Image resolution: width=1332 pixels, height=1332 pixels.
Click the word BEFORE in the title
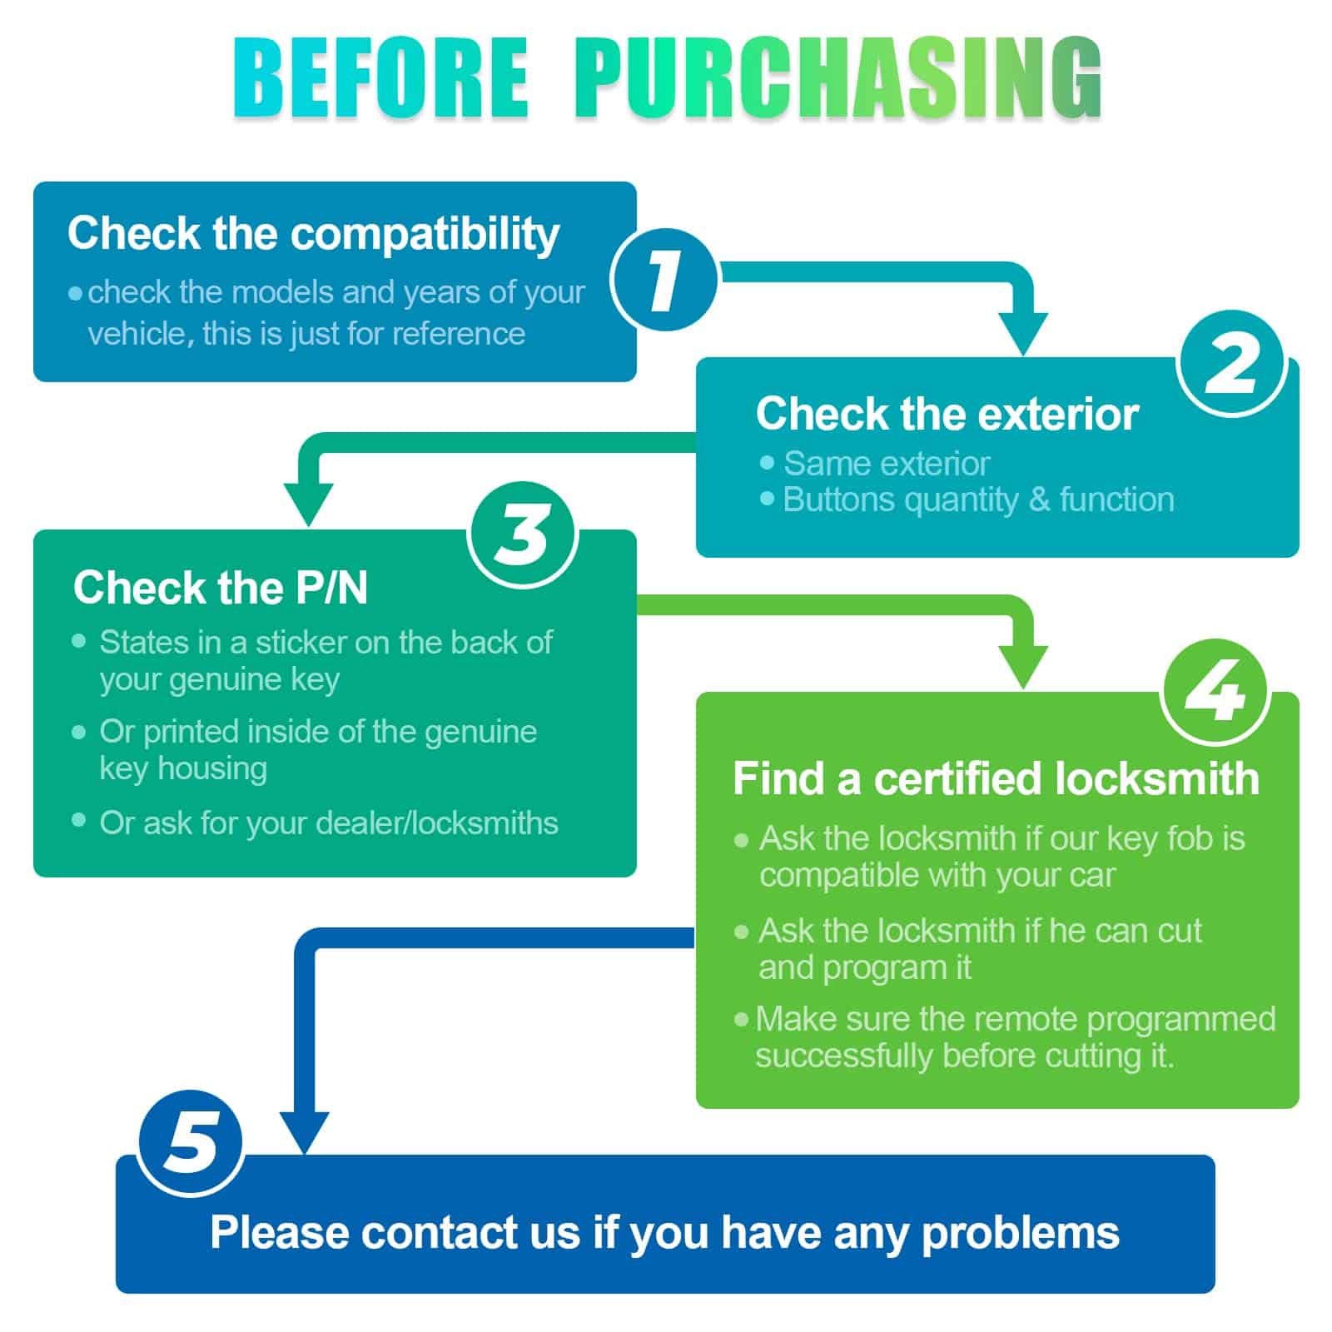click(x=381, y=80)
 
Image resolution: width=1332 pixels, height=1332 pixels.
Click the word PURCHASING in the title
click(x=837, y=80)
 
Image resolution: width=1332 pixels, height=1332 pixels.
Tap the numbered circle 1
click(x=664, y=280)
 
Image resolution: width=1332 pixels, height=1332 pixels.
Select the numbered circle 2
click(x=1230, y=363)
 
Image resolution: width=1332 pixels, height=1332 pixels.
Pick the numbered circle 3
click(x=523, y=534)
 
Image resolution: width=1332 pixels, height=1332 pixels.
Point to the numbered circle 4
click(x=1214, y=693)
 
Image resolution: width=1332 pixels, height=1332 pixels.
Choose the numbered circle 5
click(x=190, y=1142)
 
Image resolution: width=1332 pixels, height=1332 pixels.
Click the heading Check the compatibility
click(x=313, y=233)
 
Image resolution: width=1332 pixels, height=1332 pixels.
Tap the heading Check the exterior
click(x=947, y=414)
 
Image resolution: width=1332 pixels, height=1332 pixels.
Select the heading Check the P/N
click(x=221, y=588)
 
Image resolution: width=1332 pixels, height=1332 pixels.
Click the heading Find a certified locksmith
click(x=996, y=779)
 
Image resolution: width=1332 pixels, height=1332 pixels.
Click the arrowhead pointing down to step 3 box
click(x=308, y=503)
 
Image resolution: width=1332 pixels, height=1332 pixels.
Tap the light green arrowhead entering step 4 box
click(x=1022, y=666)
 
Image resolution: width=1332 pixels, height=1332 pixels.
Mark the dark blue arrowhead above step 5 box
click(x=305, y=1132)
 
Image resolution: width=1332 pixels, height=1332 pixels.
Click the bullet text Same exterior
click(x=886, y=464)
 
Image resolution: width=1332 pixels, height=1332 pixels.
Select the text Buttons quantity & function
click(x=978, y=499)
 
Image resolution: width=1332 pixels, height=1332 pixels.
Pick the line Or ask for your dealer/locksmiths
click(x=328, y=823)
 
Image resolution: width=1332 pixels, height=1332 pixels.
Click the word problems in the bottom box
click(x=1020, y=1232)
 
